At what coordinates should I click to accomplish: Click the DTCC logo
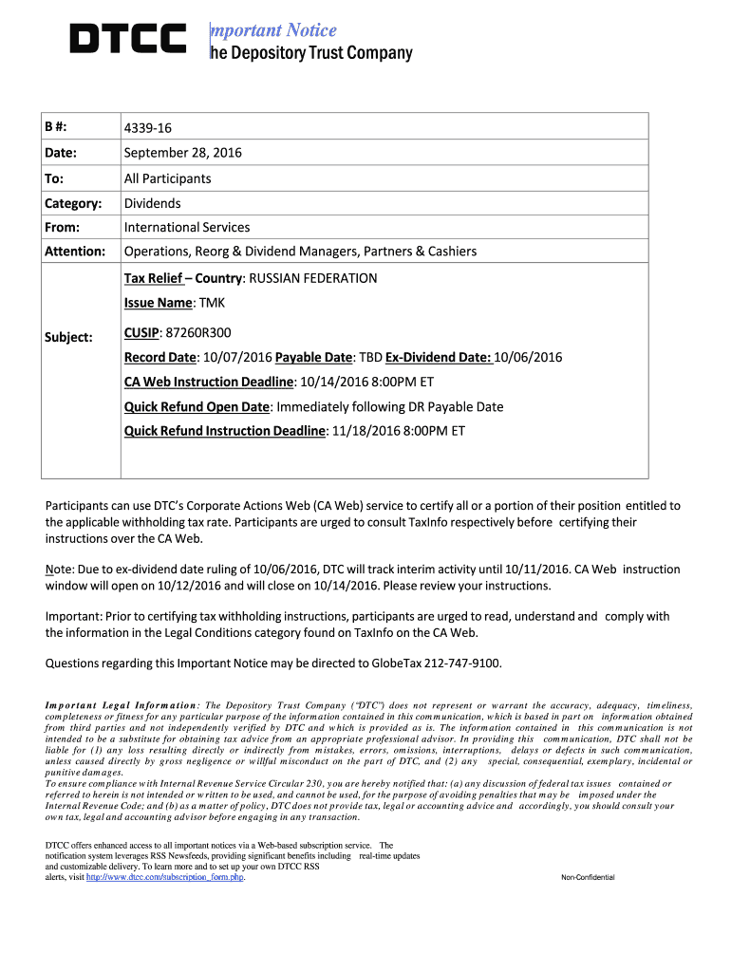(x=128, y=39)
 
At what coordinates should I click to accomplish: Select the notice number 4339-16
(x=147, y=128)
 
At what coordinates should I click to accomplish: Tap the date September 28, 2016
(x=183, y=153)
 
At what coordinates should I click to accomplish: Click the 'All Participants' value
(x=168, y=178)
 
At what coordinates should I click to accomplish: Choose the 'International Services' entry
(x=187, y=227)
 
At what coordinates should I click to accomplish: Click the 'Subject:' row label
(x=69, y=337)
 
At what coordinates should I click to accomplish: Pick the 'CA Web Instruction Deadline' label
(x=209, y=382)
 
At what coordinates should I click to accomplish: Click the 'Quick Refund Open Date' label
(x=197, y=406)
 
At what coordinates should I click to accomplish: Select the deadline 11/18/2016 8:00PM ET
(x=397, y=431)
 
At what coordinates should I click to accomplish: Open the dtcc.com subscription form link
(x=165, y=877)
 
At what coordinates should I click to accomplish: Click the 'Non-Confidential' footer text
(x=588, y=877)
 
